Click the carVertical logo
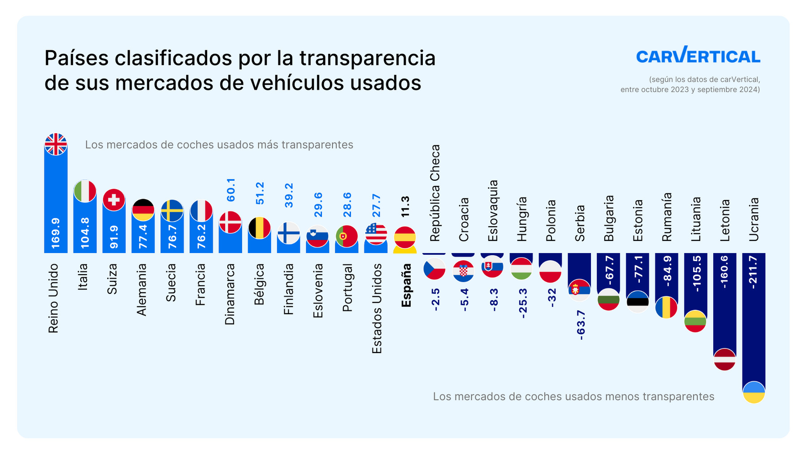[698, 55]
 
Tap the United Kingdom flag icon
[56, 144]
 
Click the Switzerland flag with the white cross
[114, 200]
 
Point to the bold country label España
[406, 285]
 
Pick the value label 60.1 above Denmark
[230, 189]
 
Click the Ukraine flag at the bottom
[754, 392]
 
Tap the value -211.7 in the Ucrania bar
[754, 272]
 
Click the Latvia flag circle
[725, 359]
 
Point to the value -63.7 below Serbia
[581, 324]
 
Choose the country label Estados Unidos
[377, 308]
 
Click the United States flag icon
[376, 234]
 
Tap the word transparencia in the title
[367, 58]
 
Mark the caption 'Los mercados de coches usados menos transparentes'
[573, 397]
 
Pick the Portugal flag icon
[347, 236]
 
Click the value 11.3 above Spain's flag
[405, 207]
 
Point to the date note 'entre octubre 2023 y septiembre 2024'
[690, 89]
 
